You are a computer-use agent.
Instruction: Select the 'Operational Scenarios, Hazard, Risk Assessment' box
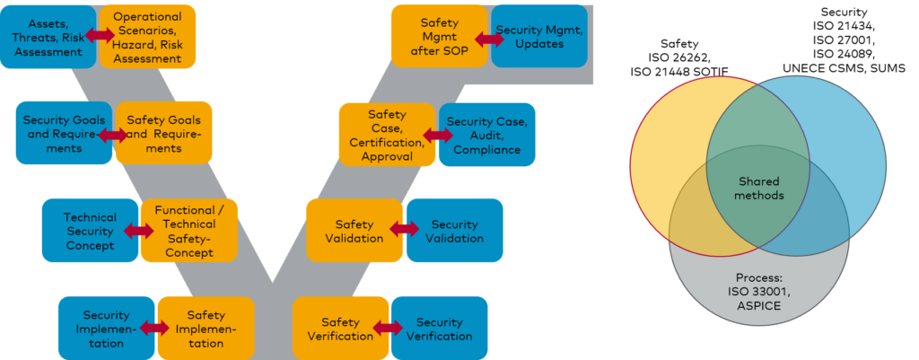(x=148, y=37)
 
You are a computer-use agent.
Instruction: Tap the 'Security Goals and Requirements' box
(x=63, y=133)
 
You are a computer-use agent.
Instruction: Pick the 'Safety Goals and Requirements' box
(x=164, y=133)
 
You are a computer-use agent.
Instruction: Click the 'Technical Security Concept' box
(x=89, y=231)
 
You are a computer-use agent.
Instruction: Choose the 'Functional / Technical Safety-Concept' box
(x=189, y=231)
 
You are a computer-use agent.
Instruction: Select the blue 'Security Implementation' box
(x=106, y=329)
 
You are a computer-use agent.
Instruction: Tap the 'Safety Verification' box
(x=340, y=329)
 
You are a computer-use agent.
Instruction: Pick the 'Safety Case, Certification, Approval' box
(x=387, y=135)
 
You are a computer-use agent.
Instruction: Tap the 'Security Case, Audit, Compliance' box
(x=487, y=135)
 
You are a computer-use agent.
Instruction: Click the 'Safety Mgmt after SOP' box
(x=439, y=36)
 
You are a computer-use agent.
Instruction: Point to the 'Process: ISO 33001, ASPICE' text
(x=759, y=292)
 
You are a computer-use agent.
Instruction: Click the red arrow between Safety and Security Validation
(x=405, y=231)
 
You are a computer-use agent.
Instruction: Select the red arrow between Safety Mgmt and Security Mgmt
(x=490, y=40)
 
